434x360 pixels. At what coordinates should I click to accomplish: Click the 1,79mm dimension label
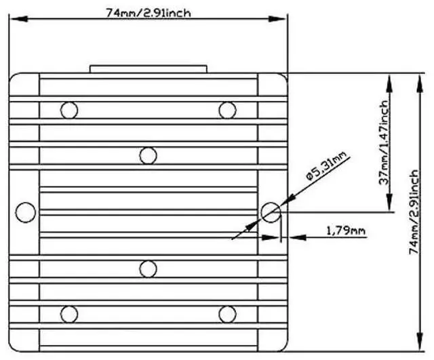(345, 231)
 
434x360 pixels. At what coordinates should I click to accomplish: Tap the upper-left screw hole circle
(68, 108)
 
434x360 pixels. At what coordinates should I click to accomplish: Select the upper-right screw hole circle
(227, 108)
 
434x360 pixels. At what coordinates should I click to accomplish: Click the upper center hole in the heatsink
(148, 155)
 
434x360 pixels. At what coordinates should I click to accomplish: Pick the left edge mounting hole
(25, 212)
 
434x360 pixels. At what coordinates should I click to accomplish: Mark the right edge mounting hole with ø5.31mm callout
(271, 212)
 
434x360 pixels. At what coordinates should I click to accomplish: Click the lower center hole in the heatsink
(148, 268)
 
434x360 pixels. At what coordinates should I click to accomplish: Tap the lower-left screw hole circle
(68, 314)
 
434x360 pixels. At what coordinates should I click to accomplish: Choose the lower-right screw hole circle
(227, 314)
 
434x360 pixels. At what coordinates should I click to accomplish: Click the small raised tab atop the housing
(148, 68)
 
